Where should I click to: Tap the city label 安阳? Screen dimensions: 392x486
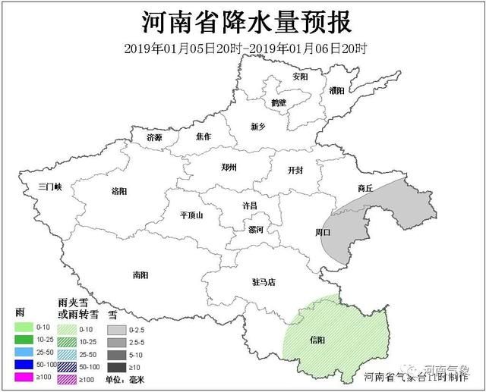(x=301, y=77)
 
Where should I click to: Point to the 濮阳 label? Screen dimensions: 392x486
(x=337, y=90)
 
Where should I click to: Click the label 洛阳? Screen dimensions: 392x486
(x=119, y=191)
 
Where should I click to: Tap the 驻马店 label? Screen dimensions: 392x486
(x=264, y=282)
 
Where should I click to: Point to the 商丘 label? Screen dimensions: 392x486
(x=365, y=187)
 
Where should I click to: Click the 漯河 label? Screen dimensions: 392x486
(x=256, y=228)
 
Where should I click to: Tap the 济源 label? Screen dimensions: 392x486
(x=154, y=138)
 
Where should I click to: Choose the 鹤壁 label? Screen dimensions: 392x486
(x=279, y=102)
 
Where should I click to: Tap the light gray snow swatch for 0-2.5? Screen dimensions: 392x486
(x=117, y=330)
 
